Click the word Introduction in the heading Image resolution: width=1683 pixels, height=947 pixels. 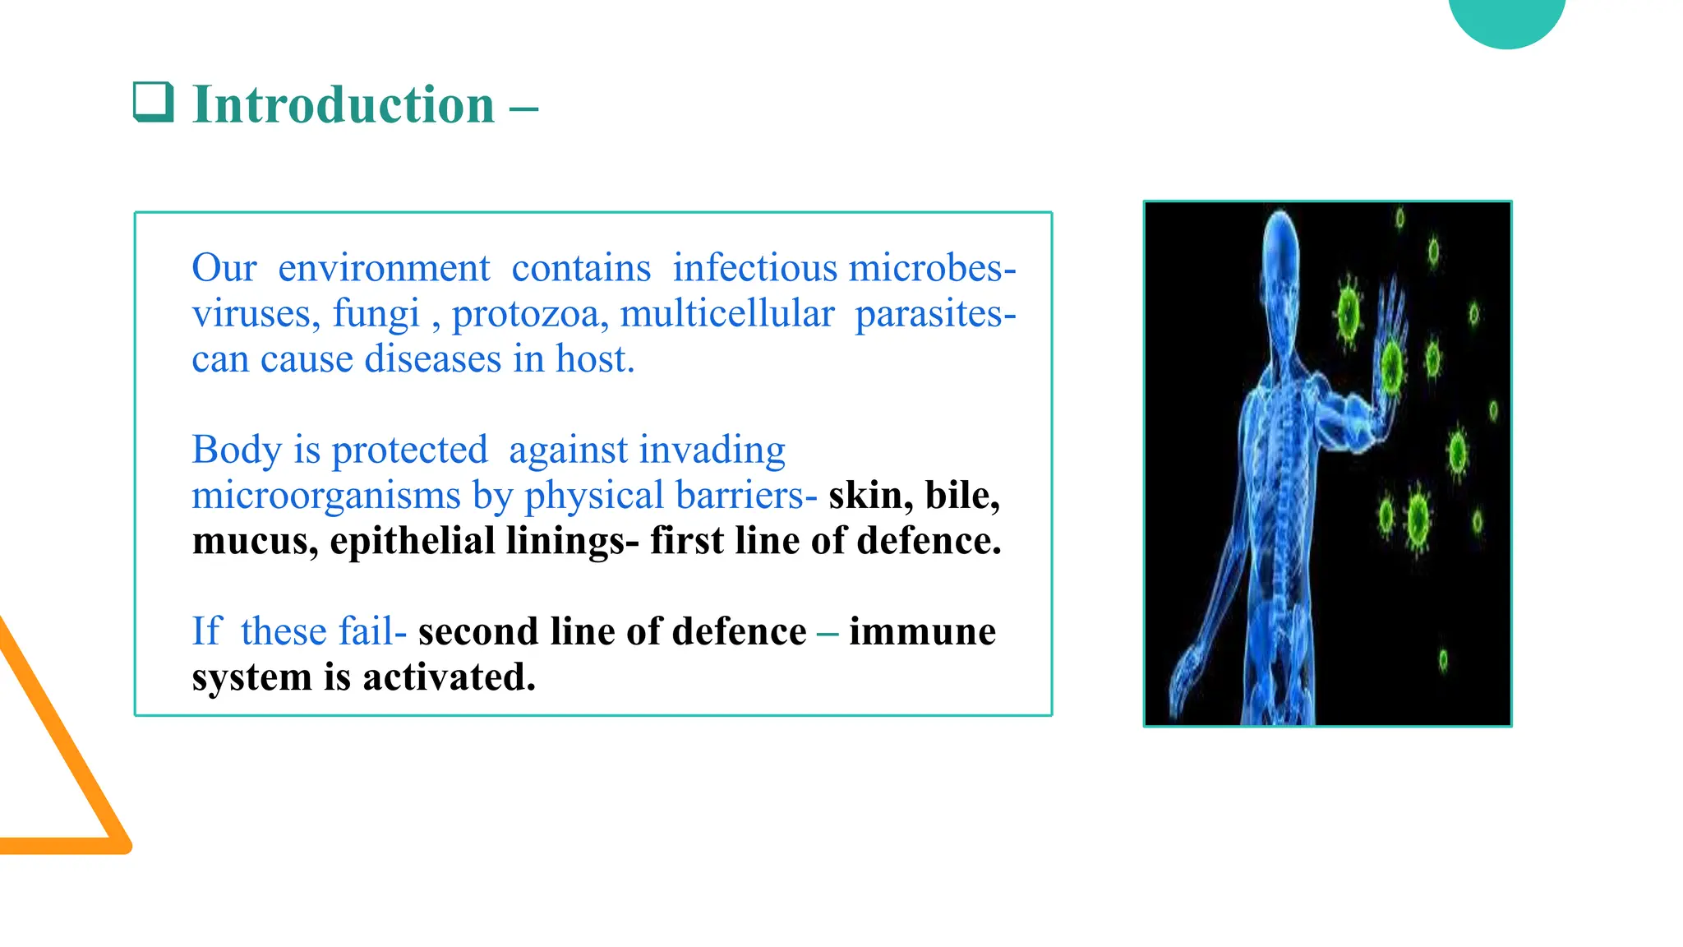click(x=343, y=105)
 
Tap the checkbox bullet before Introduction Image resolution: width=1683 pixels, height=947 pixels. click(x=154, y=102)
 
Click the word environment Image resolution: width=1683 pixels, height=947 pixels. click(x=384, y=269)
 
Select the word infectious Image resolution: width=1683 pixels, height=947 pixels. click(x=754, y=269)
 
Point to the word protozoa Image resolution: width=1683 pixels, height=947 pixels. click(x=530, y=314)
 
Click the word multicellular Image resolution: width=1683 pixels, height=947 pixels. click(x=726, y=314)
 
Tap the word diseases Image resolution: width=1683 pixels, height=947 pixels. click(x=432, y=359)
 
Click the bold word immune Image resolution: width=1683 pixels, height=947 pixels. click(x=922, y=632)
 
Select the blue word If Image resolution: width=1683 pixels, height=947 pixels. click(x=206, y=632)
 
